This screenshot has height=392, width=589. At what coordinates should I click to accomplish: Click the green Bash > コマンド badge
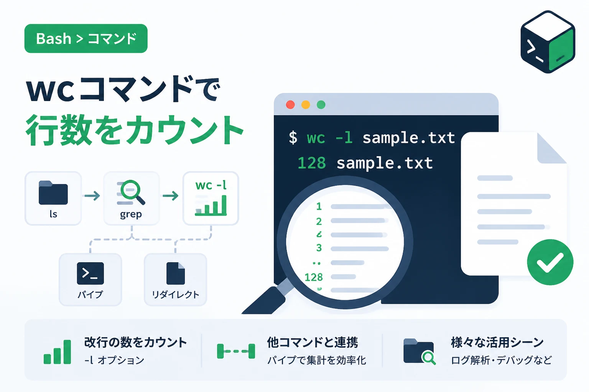click(86, 39)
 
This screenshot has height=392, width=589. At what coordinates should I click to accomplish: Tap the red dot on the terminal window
click(290, 105)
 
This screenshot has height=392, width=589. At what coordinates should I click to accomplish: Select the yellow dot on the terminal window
click(306, 105)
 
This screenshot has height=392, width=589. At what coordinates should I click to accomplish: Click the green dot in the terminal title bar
click(321, 105)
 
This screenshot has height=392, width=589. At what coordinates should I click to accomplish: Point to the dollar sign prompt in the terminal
click(293, 137)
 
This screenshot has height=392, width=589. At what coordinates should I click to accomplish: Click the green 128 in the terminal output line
click(312, 163)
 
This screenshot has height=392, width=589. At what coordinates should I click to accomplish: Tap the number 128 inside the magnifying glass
click(313, 277)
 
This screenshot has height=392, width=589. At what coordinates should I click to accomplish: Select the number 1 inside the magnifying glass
click(319, 206)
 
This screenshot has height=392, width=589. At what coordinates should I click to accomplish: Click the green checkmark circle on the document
click(550, 262)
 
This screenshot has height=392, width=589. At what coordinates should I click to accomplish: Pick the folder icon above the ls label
click(53, 193)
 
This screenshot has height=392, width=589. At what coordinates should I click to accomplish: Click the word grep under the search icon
click(131, 214)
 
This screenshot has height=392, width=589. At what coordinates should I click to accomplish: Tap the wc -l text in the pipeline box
click(211, 185)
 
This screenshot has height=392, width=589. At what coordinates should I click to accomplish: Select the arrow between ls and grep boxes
click(92, 196)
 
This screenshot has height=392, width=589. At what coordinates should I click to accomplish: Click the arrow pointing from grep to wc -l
click(171, 196)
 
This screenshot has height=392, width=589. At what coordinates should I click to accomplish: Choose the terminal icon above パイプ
click(90, 273)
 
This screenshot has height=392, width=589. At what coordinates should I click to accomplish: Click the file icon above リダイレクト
click(175, 273)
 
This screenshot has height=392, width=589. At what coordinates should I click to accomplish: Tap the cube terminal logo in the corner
click(548, 42)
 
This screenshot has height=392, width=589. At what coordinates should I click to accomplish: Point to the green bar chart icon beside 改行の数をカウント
click(57, 352)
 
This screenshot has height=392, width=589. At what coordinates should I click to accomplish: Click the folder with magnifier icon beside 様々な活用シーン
click(420, 352)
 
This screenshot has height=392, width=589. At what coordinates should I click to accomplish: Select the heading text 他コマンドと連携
click(313, 342)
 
